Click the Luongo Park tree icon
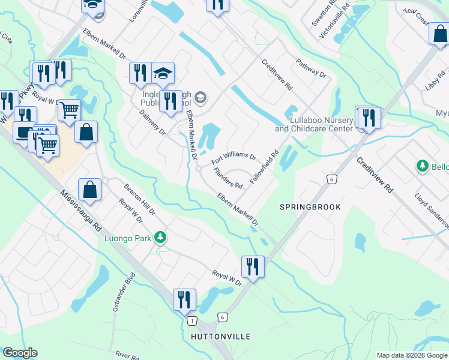pyautogui.click(x=160, y=238)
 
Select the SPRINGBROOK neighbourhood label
pyautogui.click(x=310, y=207)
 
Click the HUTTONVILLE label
pyautogui.click(x=220, y=337)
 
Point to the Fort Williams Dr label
pyautogui.click(x=234, y=159)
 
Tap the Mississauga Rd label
pyautogui.click(x=80, y=212)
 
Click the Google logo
pyautogui.click(x=20, y=353)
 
